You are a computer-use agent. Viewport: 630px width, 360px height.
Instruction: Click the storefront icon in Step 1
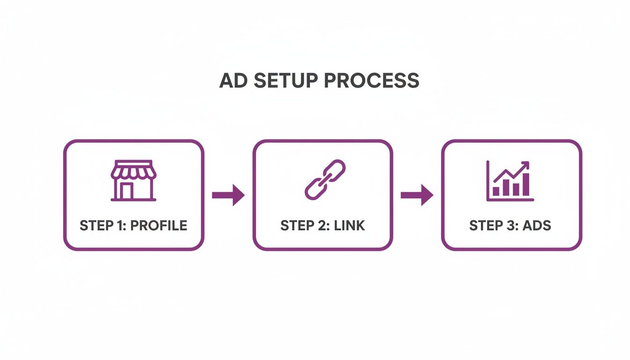click(134, 180)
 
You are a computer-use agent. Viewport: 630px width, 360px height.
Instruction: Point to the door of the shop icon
click(127, 191)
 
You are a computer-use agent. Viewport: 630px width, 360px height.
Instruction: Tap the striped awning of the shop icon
click(134, 171)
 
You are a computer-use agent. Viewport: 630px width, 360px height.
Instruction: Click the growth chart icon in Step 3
click(510, 180)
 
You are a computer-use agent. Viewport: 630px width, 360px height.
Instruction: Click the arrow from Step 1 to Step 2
click(228, 195)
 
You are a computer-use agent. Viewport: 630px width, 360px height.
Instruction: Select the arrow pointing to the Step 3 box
click(417, 195)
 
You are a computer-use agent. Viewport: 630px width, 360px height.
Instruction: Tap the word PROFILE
click(158, 225)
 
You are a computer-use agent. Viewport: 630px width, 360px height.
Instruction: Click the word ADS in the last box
click(537, 225)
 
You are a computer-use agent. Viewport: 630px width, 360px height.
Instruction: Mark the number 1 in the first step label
click(119, 225)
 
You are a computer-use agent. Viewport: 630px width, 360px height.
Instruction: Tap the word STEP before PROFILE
click(96, 225)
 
